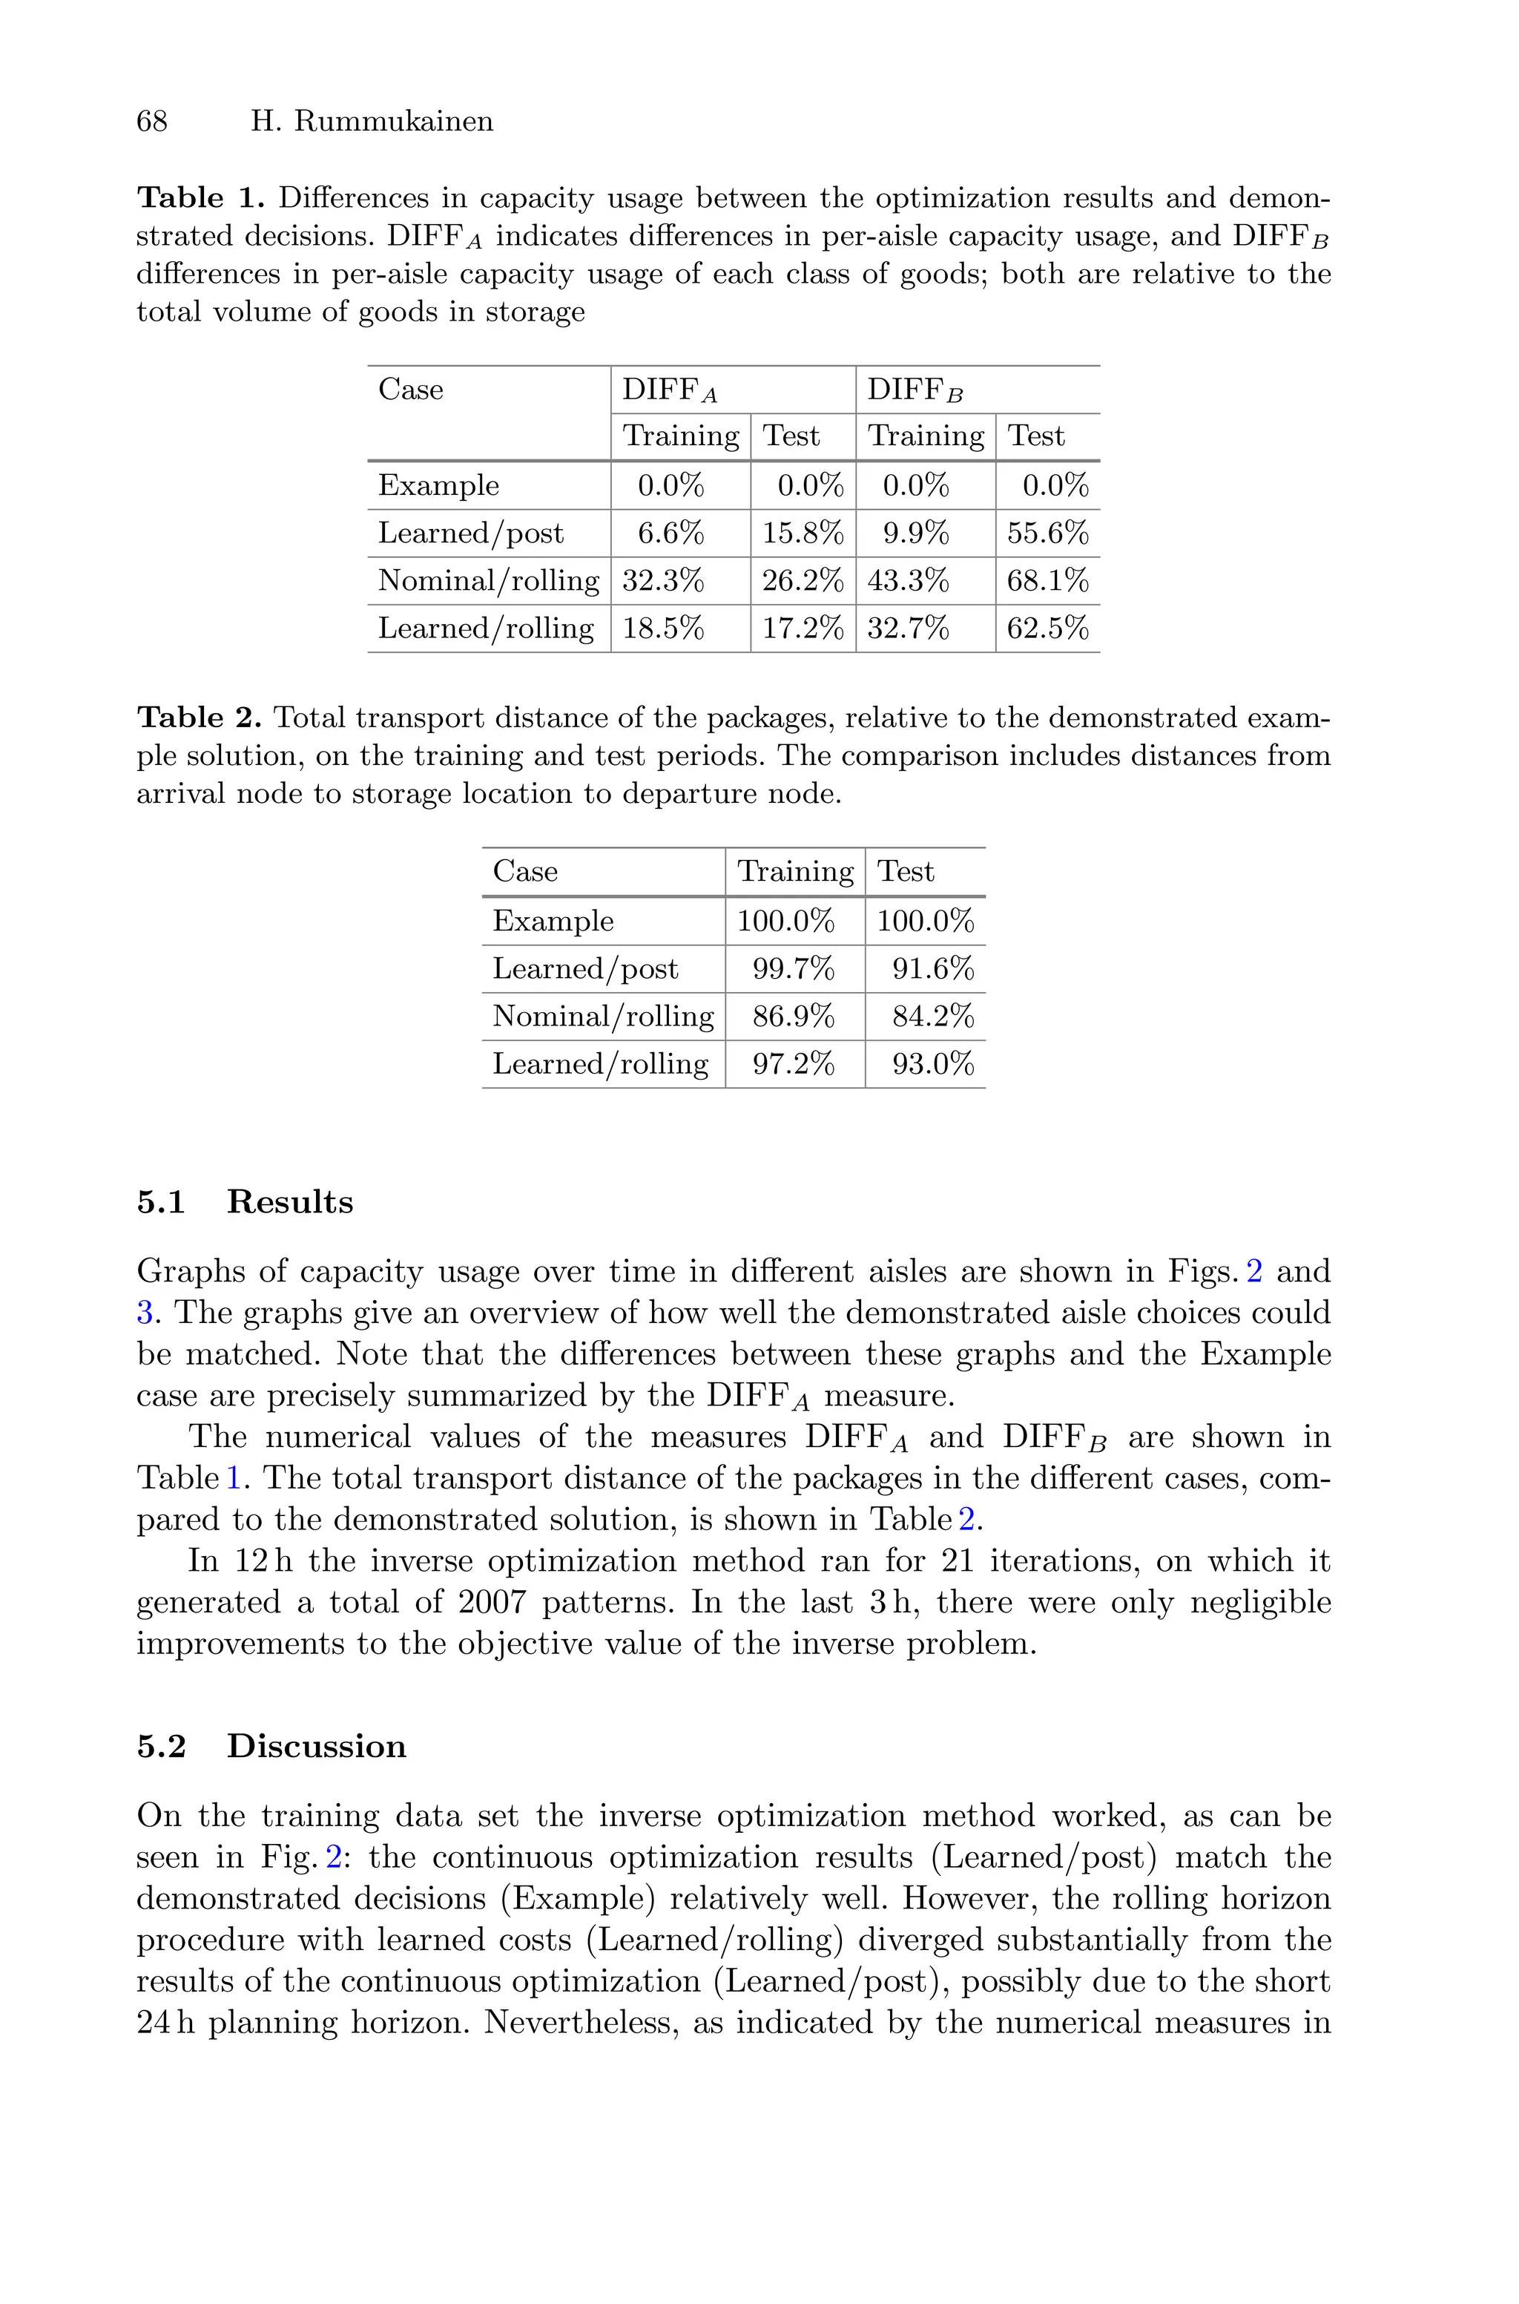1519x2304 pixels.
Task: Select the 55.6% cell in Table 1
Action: click(1047, 533)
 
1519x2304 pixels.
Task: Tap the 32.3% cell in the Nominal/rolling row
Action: click(664, 580)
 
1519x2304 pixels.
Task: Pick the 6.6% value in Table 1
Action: click(670, 533)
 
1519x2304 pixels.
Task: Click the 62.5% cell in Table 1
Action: click(1047, 628)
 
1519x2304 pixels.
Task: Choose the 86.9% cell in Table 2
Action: click(794, 1017)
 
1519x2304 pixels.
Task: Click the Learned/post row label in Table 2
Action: click(585, 969)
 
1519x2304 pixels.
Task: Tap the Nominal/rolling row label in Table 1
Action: click(488, 580)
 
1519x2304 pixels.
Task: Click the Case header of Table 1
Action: click(411, 390)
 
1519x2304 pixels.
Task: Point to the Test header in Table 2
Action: click(905, 871)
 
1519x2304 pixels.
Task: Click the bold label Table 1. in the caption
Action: click(200, 197)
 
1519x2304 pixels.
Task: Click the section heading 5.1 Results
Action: click(245, 1201)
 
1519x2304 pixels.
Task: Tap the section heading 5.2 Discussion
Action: click(271, 1746)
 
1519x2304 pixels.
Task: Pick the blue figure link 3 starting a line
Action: click(145, 1313)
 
